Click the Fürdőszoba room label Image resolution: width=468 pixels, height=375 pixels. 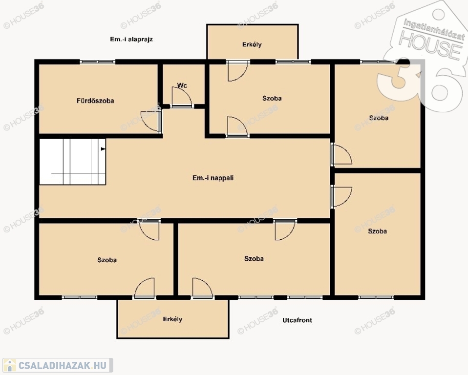95,101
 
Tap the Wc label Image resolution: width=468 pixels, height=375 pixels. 182,85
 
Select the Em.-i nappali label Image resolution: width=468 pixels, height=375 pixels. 213,178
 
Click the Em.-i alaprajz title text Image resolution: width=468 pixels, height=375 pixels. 131,40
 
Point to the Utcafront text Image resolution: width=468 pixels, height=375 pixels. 298,320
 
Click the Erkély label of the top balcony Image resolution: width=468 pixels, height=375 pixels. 252,44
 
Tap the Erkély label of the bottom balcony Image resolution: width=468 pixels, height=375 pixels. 172,319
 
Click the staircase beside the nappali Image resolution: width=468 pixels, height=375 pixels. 72,162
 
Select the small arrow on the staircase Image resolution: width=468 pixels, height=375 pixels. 103,148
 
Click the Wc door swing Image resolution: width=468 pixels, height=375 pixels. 182,96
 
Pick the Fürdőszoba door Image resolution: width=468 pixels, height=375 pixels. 151,122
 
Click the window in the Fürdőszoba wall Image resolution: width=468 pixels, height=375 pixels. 97,62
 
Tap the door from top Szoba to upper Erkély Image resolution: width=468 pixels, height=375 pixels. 238,71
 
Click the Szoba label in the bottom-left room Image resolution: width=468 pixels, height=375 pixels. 107,260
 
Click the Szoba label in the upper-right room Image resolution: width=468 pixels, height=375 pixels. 379,118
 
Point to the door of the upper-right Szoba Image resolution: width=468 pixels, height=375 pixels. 341,154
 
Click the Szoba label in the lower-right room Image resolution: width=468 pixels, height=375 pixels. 377,231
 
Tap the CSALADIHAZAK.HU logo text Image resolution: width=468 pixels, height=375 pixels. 63,365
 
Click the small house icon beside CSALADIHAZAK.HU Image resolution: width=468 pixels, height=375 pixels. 10,365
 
